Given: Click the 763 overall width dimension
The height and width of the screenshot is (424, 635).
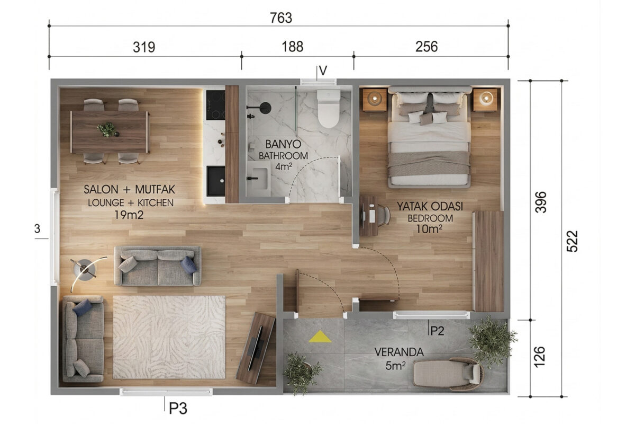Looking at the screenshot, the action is [280, 18].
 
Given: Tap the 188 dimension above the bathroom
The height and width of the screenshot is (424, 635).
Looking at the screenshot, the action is [292, 47].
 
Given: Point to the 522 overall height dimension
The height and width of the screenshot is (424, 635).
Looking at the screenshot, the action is [572, 241].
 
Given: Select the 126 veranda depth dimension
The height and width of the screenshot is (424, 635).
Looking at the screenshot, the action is [539, 357].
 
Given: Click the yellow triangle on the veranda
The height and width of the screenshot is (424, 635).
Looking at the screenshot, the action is [320, 337].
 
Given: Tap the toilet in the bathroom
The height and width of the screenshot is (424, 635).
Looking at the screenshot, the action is [328, 109].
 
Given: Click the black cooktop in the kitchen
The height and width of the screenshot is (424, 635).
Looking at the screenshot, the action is [215, 105].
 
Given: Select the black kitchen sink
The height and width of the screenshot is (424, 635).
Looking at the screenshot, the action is [216, 181].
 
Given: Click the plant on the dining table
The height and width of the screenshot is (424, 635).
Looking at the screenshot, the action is [107, 130].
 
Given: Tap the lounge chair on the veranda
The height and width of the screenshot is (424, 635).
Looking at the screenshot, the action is [448, 374].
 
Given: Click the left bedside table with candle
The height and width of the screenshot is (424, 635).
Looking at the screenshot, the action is [375, 100].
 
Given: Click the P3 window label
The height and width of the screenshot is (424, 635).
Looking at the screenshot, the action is [178, 409].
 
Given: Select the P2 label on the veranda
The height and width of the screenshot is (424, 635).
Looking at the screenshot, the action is [437, 331].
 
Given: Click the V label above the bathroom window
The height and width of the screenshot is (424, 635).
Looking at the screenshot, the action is [323, 70].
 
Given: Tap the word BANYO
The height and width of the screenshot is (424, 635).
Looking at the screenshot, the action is [283, 144].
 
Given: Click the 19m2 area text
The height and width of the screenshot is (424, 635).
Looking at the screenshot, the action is [129, 215].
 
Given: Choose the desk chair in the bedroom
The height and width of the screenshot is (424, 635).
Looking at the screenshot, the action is [383, 216].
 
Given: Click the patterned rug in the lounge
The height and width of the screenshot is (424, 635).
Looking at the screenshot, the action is [169, 337].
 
